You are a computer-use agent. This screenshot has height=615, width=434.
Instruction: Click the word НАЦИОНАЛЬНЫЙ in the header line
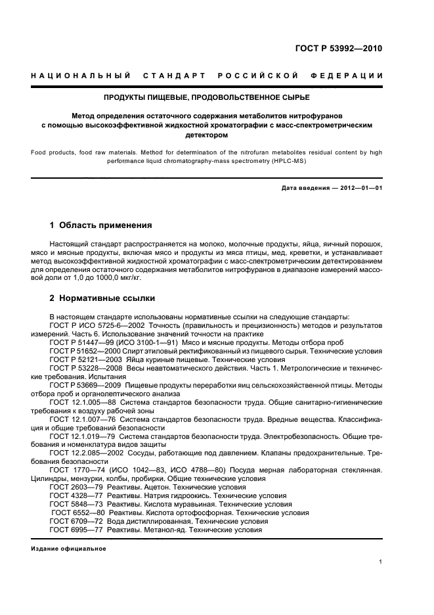pyautogui.click(x=73, y=76)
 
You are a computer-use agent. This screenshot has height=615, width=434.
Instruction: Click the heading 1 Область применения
pyautogui.click(x=100, y=225)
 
